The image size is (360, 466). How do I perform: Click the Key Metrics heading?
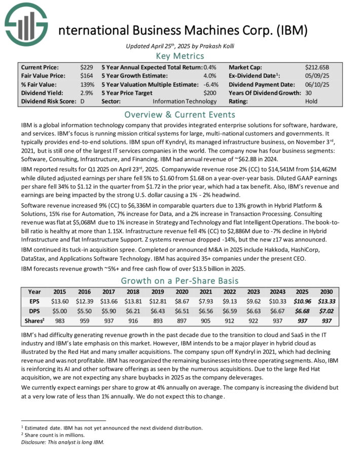pyautogui.click(x=180, y=56)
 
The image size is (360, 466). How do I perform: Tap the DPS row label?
pyautogui.click(x=34, y=310)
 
